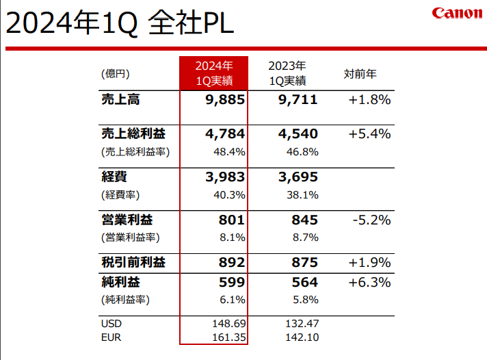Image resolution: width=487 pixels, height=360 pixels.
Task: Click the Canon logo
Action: pos(456,14)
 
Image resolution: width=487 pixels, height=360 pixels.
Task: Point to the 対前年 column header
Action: pos(360,74)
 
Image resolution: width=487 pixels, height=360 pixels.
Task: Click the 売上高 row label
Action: pos(120,100)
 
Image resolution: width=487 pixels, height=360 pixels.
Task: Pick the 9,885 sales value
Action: pos(224,100)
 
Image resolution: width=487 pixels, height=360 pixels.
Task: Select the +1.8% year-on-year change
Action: pos(369,100)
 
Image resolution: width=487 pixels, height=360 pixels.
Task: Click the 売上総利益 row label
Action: pos(133,133)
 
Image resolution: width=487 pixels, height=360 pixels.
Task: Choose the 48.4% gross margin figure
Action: pos(231,151)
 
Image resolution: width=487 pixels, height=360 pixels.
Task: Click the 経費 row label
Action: pos(114,177)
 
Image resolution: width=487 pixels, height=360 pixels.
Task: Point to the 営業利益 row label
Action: pos(127,220)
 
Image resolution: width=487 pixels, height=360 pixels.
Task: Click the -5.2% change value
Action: pos(371,220)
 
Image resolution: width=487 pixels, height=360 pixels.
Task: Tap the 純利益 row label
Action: pos(120,282)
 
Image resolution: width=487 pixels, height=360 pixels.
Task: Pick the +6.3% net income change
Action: pos(369,282)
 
